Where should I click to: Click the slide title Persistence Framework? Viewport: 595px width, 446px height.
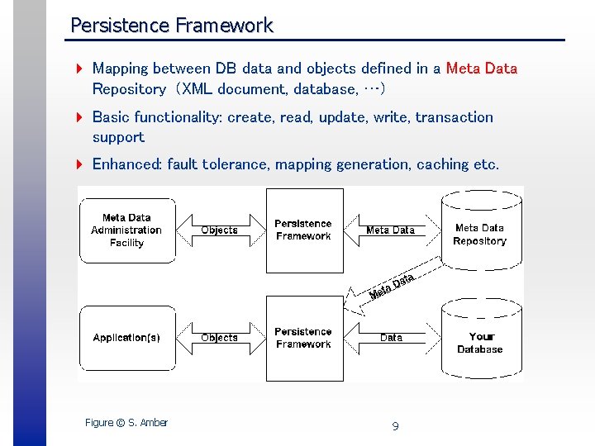coord(171,26)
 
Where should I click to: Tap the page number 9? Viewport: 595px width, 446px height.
coord(395,426)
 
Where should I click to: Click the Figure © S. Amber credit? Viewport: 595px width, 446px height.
coord(126,423)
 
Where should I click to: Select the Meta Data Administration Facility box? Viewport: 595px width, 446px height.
coord(126,230)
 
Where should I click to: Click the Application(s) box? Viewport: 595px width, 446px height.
coord(126,338)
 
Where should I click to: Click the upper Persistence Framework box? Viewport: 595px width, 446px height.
coord(304,230)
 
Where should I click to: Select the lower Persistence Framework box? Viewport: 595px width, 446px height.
coord(304,339)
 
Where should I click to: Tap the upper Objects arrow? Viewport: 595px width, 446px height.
coord(220,230)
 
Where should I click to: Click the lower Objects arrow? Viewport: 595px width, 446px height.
coord(220,338)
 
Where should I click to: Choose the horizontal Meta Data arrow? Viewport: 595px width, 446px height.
coord(390,230)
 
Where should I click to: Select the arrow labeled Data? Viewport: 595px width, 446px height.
coord(390,338)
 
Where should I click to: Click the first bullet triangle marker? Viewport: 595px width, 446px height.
coord(79,69)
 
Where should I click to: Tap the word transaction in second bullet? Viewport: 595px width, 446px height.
coord(454,117)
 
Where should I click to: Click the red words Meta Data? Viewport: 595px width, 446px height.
coord(481,69)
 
